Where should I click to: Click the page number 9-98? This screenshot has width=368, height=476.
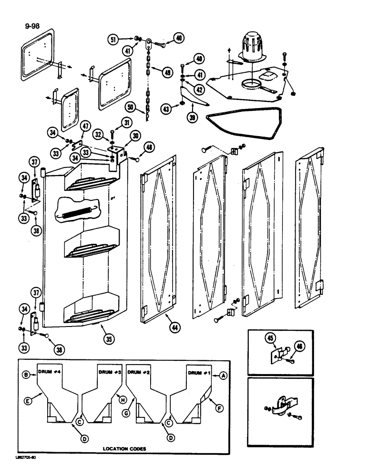click(32, 27)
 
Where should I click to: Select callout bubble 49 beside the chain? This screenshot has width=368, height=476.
click(167, 72)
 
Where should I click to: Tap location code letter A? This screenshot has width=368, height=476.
click(222, 376)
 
